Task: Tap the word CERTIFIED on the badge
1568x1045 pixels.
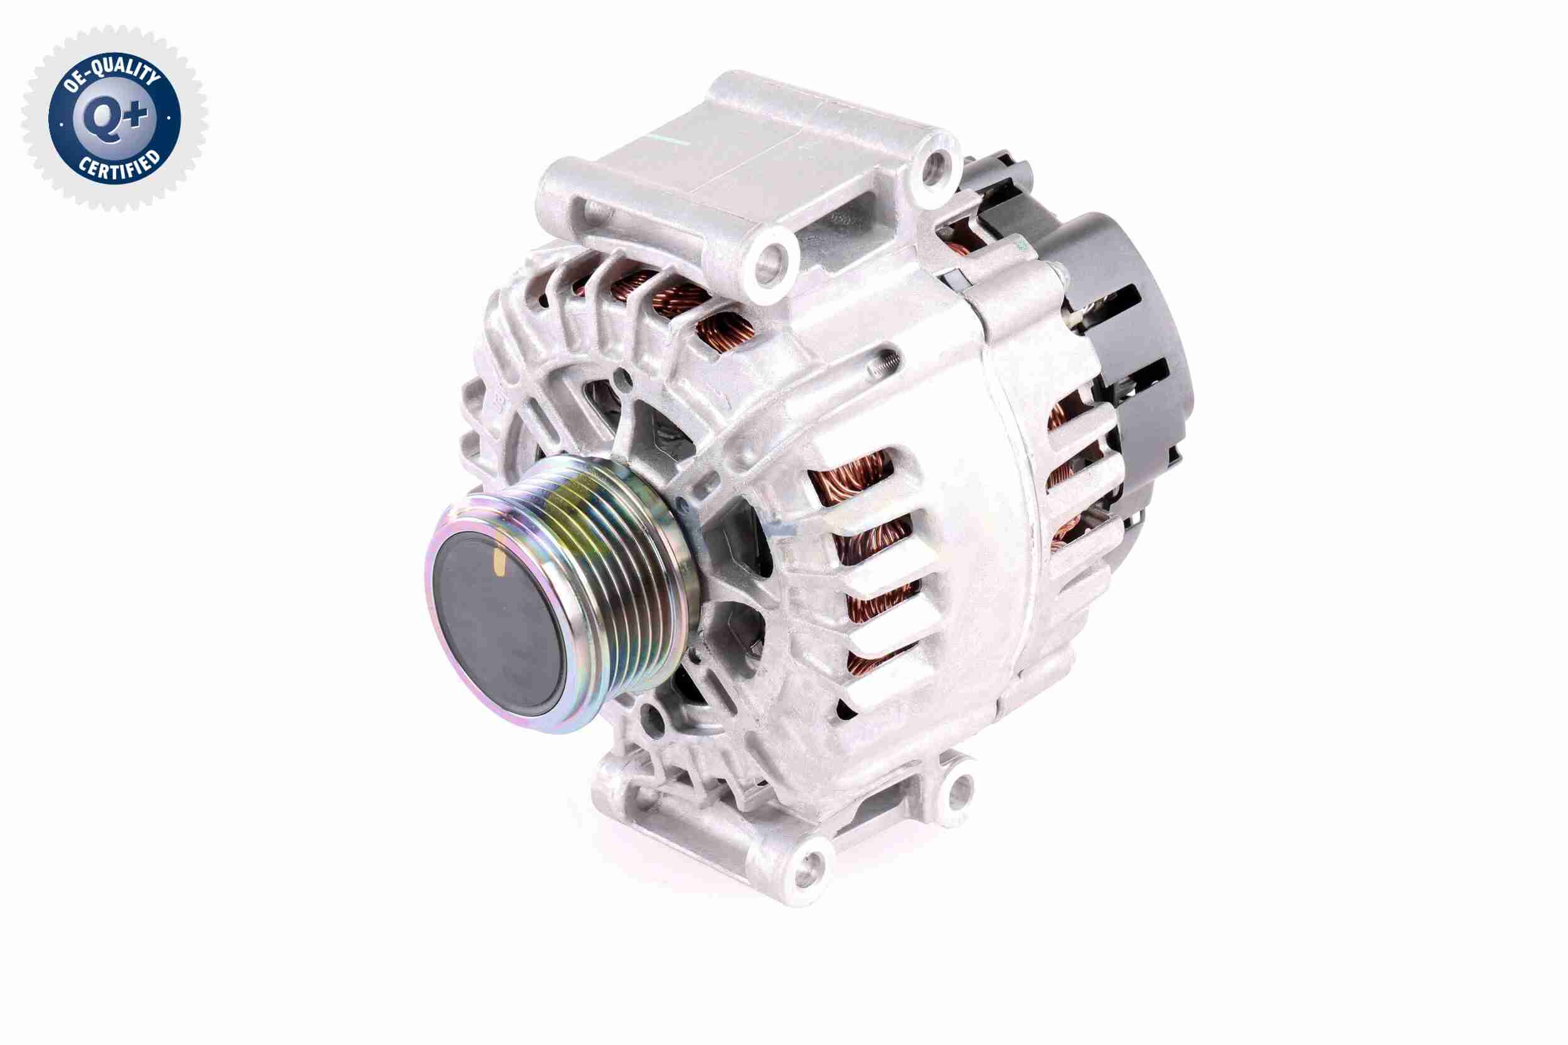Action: point(119,166)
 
